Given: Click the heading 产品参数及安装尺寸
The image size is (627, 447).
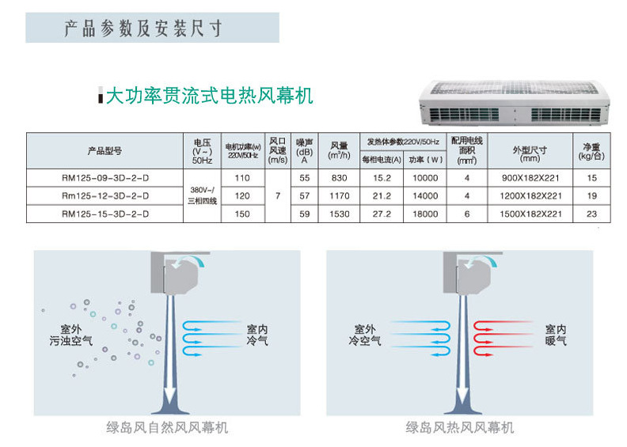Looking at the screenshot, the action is (x=143, y=29).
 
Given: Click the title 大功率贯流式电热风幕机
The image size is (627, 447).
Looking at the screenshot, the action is (x=210, y=97).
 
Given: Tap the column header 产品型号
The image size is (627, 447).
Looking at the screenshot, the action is (x=104, y=150).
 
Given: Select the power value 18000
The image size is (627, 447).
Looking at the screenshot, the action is (x=424, y=214).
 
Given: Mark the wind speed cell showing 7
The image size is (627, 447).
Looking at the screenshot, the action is (x=277, y=196).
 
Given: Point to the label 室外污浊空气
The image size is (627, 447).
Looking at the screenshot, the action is (x=70, y=335).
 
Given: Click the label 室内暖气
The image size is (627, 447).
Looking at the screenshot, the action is (x=556, y=335).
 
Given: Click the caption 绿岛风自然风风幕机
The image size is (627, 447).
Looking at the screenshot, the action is (x=167, y=427).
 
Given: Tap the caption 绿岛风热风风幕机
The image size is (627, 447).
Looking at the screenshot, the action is (x=460, y=427).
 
